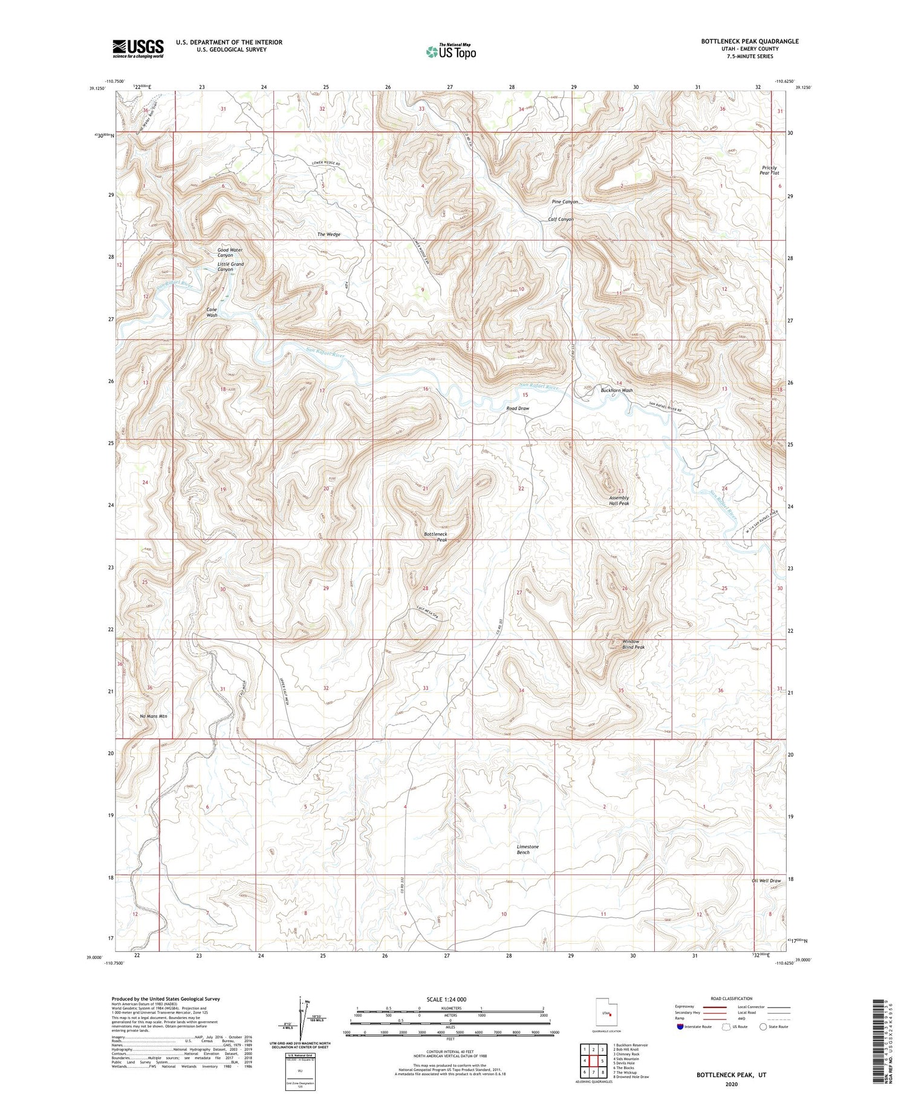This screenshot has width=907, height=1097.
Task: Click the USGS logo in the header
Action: click(138, 48)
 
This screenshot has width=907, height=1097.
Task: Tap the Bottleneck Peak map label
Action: click(435, 537)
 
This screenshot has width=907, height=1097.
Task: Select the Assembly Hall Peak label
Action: click(619, 500)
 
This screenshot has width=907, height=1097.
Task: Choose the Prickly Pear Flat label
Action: click(769, 170)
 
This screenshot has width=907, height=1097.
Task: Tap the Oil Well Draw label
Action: click(766, 880)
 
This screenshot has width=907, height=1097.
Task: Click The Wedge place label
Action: click(329, 234)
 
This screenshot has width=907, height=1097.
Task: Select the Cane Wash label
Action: click(212, 312)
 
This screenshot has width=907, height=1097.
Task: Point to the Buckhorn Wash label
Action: click(617, 390)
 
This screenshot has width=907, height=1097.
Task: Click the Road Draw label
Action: click(518, 408)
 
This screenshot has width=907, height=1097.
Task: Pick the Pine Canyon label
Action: click(565, 201)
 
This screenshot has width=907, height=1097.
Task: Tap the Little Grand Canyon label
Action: click(230, 267)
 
